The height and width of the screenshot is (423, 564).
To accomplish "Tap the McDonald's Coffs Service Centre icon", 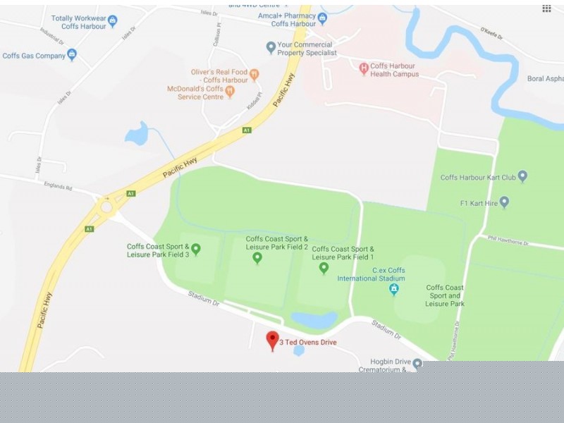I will [229, 92].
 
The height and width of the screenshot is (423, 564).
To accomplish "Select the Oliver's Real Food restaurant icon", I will [255, 74].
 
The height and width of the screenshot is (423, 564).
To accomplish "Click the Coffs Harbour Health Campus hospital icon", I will [364, 68].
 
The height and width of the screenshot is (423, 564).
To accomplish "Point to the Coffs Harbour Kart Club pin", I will [522, 177].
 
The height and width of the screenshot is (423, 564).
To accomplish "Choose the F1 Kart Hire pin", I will [503, 202].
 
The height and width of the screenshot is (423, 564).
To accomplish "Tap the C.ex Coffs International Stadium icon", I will [393, 289].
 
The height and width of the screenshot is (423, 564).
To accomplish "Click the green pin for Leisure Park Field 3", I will [196, 249].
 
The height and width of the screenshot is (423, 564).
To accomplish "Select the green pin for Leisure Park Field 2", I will [257, 258].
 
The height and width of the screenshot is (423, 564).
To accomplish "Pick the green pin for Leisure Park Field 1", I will [324, 267].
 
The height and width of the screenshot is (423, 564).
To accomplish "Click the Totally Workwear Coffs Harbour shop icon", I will [113, 21].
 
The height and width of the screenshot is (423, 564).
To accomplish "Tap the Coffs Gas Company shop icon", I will [72, 54].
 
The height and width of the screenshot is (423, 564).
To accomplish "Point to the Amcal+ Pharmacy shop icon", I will [323, 18].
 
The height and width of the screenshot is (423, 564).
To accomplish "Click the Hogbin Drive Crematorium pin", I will [417, 364].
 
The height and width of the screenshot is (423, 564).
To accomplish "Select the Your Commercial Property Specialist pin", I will [271, 48].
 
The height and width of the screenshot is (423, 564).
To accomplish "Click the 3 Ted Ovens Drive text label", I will [308, 343].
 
